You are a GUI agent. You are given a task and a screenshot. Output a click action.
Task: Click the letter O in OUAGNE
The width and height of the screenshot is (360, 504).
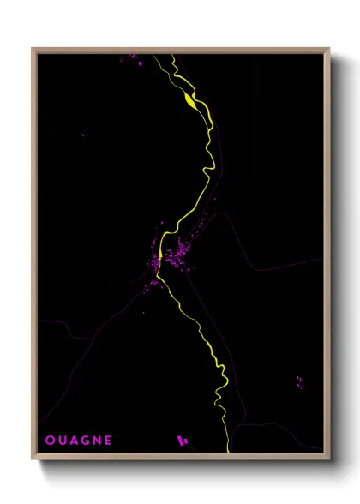(x=50, y=441)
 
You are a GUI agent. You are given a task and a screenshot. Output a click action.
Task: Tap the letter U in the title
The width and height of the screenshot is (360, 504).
(x=63, y=441)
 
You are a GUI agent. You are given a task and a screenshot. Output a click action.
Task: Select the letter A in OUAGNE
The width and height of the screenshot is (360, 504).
(x=75, y=441)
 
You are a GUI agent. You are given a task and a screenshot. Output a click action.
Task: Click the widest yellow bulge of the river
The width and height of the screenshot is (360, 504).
(x=189, y=100)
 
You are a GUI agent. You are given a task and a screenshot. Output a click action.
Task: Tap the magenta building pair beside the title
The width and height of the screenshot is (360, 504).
(x=181, y=441)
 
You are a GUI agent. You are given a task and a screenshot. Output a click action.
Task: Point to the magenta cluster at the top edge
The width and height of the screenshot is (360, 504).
(x=133, y=58)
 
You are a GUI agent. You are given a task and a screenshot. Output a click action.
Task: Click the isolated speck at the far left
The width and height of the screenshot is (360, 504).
(x=83, y=135)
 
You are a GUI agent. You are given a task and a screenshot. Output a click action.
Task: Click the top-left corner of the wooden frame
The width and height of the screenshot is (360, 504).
(x=33, y=49)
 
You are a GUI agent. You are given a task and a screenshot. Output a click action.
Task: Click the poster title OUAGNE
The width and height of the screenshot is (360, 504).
(x=79, y=441)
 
